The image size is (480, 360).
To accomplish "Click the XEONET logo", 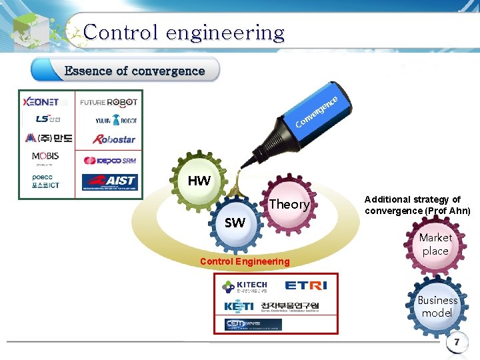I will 41,102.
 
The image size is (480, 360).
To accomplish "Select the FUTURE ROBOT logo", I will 109,102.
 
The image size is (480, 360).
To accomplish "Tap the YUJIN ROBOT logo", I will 115,120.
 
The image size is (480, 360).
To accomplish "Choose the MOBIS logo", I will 45,157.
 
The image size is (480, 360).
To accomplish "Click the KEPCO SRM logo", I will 109,161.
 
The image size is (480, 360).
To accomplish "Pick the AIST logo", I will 109,181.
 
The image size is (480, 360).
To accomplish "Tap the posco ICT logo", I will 46,181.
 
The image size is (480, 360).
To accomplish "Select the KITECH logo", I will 244,287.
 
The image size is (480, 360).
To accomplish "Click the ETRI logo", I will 305,285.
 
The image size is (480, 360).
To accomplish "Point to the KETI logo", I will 238,306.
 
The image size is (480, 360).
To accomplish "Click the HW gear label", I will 199,181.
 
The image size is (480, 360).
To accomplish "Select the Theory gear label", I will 289,205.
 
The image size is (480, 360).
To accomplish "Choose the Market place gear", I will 435,244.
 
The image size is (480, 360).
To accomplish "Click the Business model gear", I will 437,307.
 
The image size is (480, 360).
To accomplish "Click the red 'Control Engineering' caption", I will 245,261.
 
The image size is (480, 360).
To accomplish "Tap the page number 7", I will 457,343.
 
